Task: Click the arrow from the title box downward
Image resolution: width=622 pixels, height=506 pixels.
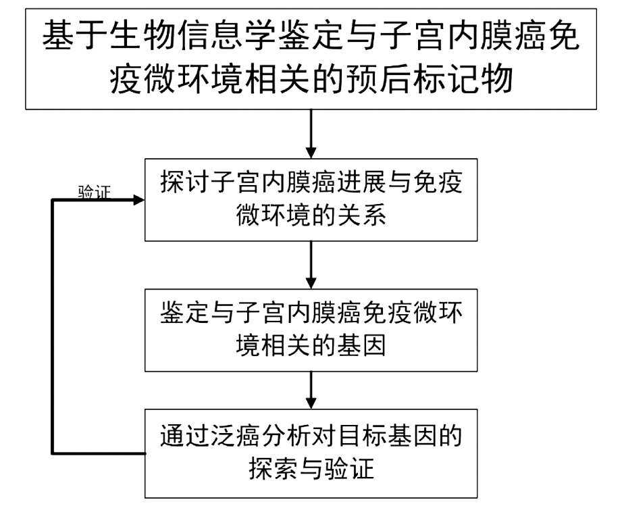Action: pyautogui.click(x=311, y=132)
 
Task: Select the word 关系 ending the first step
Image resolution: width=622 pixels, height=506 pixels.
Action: pyautogui.click(x=366, y=216)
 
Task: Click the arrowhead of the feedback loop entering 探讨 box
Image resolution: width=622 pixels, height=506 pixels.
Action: pyautogui.click(x=138, y=201)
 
